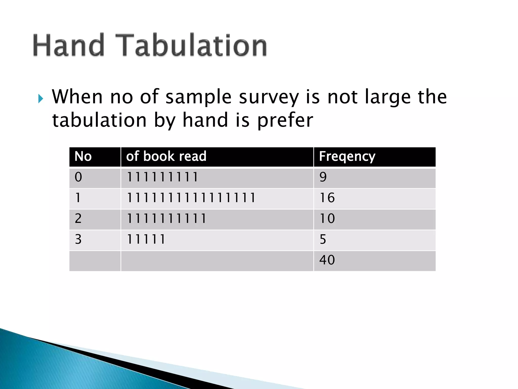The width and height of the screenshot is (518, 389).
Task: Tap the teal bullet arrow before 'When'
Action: coord(41,99)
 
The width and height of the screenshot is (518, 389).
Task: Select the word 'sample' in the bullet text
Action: coord(198,97)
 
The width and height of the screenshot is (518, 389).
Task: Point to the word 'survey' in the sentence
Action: coord(269,98)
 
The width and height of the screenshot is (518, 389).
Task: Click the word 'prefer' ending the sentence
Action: coord(285,121)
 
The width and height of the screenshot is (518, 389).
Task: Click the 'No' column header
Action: coord(83,156)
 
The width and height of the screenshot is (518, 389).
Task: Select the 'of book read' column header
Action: coord(166,156)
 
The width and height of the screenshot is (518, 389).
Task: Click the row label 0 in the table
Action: coord(78,177)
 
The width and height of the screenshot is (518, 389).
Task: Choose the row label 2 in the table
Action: coord(78,218)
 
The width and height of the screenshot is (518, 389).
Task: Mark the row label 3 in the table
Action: coord(78,239)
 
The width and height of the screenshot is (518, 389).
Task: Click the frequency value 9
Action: coord(323,177)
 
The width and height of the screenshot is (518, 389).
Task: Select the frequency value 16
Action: coord(327,198)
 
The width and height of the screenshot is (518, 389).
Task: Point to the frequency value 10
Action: coord(327,218)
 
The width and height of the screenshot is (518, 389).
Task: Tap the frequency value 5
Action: coord(323,239)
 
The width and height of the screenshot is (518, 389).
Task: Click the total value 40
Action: coord(327,260)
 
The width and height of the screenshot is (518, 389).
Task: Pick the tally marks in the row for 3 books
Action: coord(146,239)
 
